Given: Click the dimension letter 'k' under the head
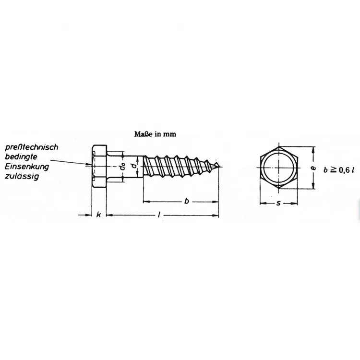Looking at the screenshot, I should pyautogui.click(x=98, y=214).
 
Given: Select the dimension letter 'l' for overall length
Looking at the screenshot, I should pyautogui.click(x=159, y=215).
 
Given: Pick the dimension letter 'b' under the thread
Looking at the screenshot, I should pyautogui.click(x=186, y=201).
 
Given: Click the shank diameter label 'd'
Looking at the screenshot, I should pyautogui.click(x=134, y=166).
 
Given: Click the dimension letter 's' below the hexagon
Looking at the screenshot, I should pyautogui.click(x=279, y=204).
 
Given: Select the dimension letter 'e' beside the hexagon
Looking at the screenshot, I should pyautogui.click(x=313, y=168).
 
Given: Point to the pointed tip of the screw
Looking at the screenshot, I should pyautogui.click(x=221, y=167).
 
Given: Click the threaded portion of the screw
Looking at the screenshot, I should pyautogui.click(x=178, y=167).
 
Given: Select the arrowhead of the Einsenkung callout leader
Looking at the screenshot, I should pyautogui.click(x=91, y=166).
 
